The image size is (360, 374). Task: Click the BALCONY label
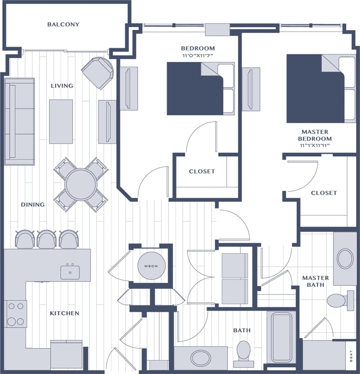coord(63,24)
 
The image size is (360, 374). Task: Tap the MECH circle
coord(151,266)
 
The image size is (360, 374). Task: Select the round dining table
coord(81,184)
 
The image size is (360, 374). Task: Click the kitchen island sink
coord(70,272)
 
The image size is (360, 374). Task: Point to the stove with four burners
coord(16,313)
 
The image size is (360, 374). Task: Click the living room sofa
coord(20,121)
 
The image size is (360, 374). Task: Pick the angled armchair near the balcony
coord(98,72)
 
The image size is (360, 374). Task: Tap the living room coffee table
coord(61,121)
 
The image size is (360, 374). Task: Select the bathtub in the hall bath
coord(281,337)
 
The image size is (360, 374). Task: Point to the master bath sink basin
coord(346,259)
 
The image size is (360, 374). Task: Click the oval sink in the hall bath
coord(201,357)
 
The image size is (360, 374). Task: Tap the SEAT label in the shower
coord(351,357)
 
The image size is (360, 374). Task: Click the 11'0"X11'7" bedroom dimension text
coord(198,56)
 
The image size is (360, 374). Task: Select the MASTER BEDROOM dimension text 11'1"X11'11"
coord(315,145)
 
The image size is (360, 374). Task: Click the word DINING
coord(33,204)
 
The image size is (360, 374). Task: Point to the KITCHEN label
coord(65,313)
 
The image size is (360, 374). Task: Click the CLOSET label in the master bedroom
coord(324,193)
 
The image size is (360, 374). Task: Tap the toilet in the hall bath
coord(244,350)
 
